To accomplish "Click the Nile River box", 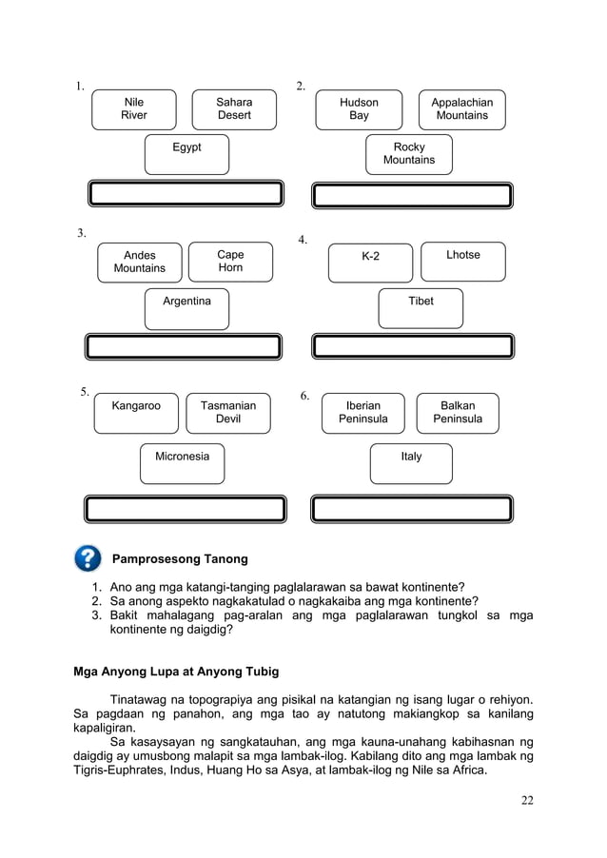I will tap(134, 109).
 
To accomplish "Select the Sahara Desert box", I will tap(234, 109).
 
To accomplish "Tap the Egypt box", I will tap(186, 154).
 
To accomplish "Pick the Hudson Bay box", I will tap(359, 109).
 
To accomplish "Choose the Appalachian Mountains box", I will tap(461, 109).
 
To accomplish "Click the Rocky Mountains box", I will tap(409, 154).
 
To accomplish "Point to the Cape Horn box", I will tap(230, 262).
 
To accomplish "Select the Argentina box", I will tap(186, 308).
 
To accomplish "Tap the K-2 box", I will tap(370, 263).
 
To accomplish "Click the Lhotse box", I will tap(463, 262).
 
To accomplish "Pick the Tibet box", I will tap(421, 308).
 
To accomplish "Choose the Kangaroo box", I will tap(136, 413).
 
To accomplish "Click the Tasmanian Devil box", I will tap(228, 413).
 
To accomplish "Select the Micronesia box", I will tap(183, 463).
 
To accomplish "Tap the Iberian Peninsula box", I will tap(362, 413).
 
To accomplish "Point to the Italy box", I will tap(411, 463).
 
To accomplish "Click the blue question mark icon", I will tap(87, 558).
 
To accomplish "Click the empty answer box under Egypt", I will tap(186, 194).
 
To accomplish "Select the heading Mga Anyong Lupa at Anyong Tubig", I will tap(176, 672).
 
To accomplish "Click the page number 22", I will tap(526, 799).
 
